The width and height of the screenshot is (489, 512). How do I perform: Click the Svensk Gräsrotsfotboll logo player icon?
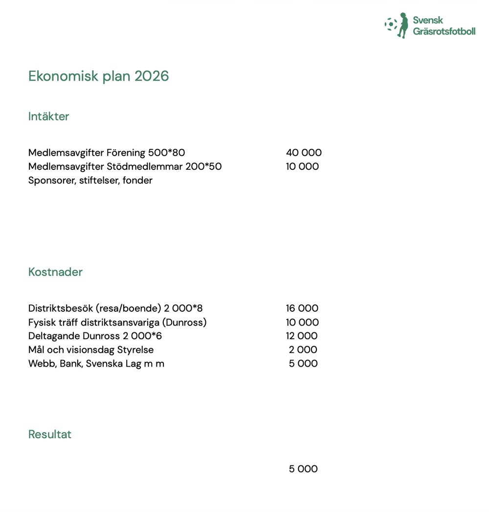click(x=402, y=25)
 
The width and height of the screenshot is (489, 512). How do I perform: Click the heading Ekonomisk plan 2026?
click(x=98, y=76)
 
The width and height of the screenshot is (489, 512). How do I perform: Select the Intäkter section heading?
click(x=48, y=116)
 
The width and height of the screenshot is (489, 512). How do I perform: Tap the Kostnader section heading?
click(x=55, y=272)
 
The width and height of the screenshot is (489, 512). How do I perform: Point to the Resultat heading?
click(x=50, y=435)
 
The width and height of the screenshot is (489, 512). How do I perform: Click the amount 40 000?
click(x=304, y=153)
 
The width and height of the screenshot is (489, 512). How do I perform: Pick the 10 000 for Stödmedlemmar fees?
click(x=302, y=166)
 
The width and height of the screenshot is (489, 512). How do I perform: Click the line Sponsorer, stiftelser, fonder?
click(x=90, y=181)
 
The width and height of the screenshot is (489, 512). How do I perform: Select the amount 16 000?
click(x=302, y=308)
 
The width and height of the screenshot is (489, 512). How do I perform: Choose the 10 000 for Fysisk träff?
click(x=302, y=323)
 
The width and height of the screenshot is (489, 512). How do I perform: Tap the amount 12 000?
click(x=302, y=336)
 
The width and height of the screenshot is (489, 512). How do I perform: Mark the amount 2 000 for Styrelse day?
click(x=303, y=350)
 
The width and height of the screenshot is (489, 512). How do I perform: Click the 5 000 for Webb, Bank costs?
click(x=303, y=364)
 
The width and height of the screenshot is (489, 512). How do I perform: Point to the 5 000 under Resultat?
click(x=303, y=469)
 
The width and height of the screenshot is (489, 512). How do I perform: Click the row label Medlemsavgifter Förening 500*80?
click(x=107, y=153)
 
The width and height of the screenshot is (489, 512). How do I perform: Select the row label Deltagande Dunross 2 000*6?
click(x=95, y=336)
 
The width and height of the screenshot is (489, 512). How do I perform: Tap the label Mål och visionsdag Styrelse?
click(x=91, y=350)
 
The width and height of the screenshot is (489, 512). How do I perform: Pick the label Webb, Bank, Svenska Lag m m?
click(x=96, y=364)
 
